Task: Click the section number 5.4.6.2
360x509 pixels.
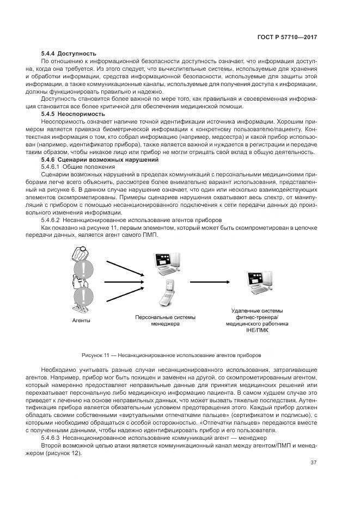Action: [51, 220]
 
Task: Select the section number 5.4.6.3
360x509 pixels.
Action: [51, 437]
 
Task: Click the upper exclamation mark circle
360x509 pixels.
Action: [83, 268]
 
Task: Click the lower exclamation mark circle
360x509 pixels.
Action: [83, 297]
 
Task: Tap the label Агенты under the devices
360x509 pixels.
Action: [82, 321]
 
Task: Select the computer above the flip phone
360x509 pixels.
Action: [166, 264]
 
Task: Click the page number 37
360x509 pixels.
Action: [313, 463]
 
